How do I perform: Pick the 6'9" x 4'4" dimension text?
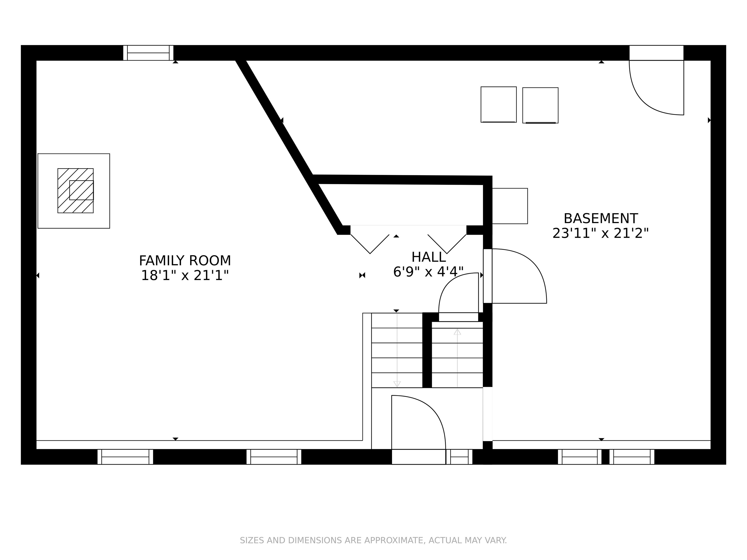tap(428, 272)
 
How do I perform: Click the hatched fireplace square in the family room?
tap(76, 191)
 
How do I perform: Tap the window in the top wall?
tap(148, 53)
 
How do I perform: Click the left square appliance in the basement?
tap(498, 105)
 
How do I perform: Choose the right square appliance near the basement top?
tap(540, 105)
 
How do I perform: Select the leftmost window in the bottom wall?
tap(125, 457)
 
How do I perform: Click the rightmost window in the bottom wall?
tap(632, 457)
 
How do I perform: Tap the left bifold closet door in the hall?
tap(370, 244)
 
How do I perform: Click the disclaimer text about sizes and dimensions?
tap(373, 540)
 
